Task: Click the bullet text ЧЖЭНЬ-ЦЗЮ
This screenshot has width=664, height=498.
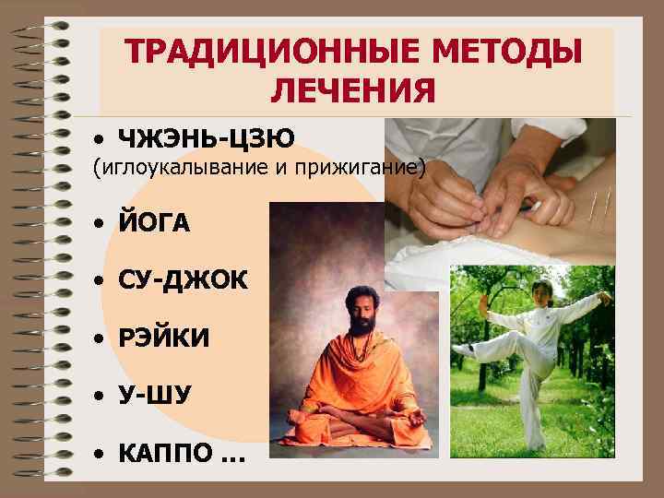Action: (206, 139)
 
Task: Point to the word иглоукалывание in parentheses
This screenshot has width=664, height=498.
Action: (193, 169)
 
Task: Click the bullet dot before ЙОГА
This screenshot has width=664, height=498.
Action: (98, 224)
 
